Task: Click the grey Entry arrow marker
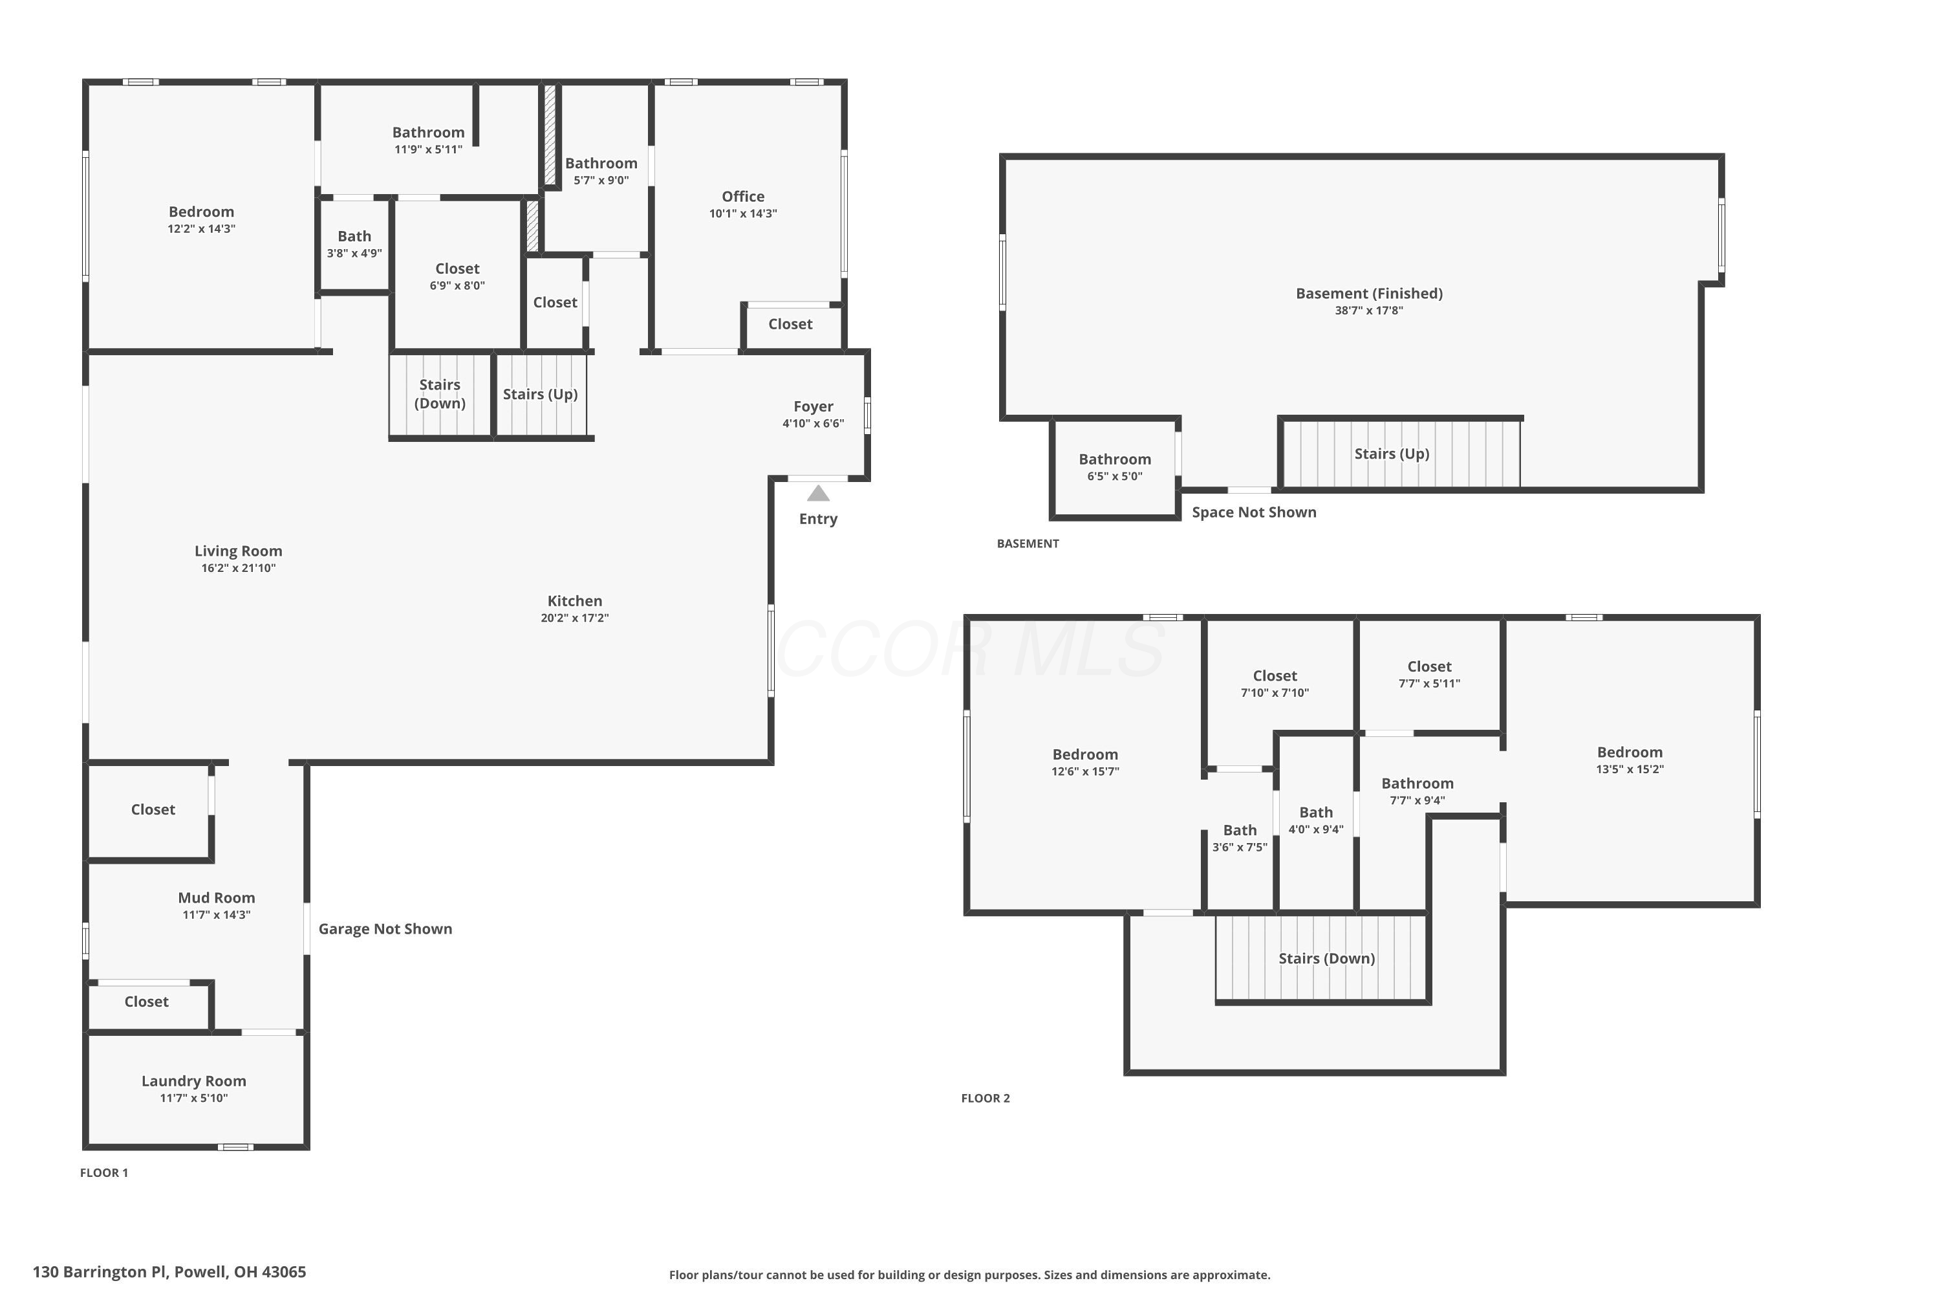click(817, 494)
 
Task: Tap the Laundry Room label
click(194, 1081)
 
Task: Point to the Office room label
click(743, 197)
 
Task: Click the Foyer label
click(814, 407)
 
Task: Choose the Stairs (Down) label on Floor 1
click(440, 393)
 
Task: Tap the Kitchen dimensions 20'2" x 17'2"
click(575, 618)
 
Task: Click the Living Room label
click(239, 551)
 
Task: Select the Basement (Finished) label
click(1369, 294)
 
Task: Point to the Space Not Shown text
click(1254, 512)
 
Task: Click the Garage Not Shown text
click(385, 929)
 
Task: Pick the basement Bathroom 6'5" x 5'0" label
click(1115, 466)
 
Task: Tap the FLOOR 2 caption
click(986, 1099)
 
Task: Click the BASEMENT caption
click(1028, 544)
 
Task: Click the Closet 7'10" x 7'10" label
click(1275, 683)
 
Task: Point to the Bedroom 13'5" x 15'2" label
click(1630, 760)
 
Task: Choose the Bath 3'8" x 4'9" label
click(354, 245)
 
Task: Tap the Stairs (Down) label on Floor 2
click(1327, 959)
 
